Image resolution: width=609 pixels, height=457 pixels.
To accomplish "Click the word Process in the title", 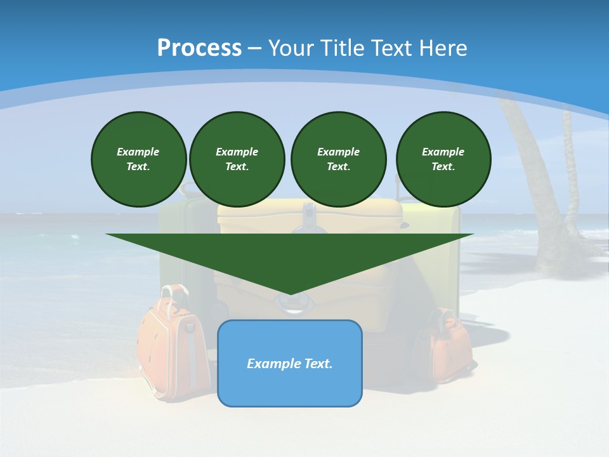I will (x=199, y=48).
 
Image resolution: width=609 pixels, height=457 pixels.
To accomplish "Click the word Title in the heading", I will (x=344, y=48).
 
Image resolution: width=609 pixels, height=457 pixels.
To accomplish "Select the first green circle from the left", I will (x=138, y=159).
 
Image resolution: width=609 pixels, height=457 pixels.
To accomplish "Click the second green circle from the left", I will (x=237, y=159).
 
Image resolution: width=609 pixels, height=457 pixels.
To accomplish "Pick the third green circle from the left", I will (x=338, y=159).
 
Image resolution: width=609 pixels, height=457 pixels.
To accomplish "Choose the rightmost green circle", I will (x=443, y=159).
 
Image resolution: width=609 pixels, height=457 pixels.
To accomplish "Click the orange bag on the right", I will (x=447, y=346).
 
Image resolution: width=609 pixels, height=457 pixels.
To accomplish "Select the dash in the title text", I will (x=255, y=48).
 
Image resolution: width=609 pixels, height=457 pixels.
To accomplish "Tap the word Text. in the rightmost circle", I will (x=443, y=167).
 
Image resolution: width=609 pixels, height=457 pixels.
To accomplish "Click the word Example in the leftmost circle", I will (x=138, y=152).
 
